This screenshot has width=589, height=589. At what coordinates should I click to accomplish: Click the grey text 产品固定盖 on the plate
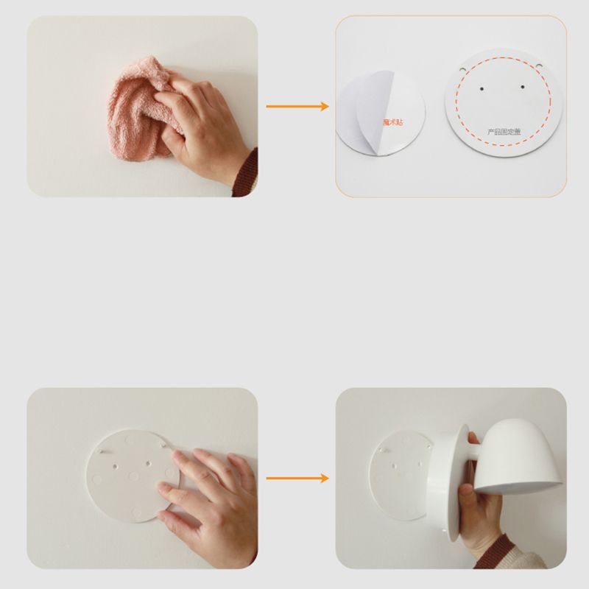tap(501, 131)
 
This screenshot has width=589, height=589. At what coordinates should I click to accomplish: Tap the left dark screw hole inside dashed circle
tap(479, 86)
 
